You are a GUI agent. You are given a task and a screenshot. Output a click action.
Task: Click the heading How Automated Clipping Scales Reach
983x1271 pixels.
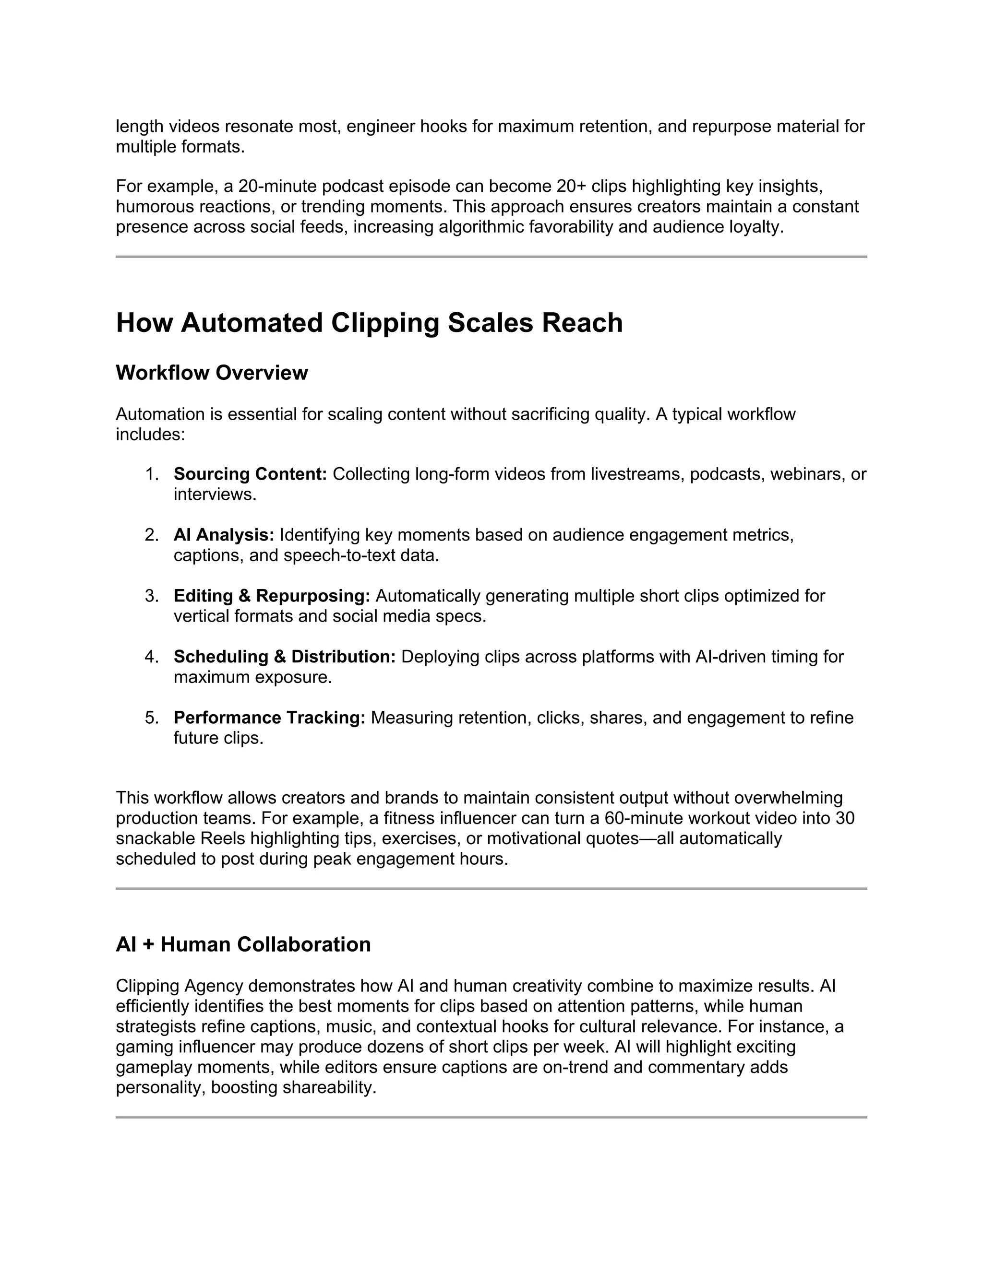369,323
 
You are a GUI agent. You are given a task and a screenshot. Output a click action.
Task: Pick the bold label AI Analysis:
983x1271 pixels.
224,535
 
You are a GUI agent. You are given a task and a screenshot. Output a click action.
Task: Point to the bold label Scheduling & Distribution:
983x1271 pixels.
284,657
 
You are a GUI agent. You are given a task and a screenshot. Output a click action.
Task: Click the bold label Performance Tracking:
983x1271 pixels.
269,718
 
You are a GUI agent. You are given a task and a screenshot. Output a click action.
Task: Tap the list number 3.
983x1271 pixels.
151,596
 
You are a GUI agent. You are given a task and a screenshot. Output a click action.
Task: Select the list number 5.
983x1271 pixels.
151,718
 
